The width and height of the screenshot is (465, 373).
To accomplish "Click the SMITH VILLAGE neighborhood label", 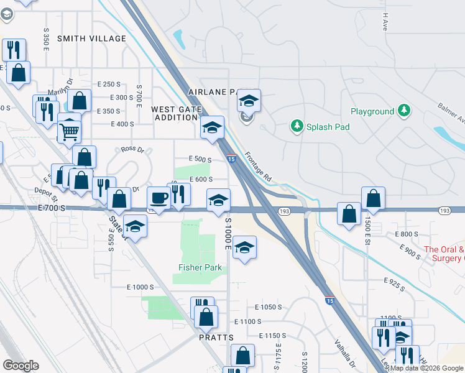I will (x=91, y=39).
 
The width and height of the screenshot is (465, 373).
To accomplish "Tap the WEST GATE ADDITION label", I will (x=177, y=113).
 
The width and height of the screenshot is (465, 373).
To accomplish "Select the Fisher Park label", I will (x=200, y=268).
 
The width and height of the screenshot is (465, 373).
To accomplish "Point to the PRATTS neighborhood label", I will (x=216, y=338).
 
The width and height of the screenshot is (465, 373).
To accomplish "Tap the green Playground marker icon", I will (x=405, y=111).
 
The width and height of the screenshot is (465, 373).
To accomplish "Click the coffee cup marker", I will (x=158, y=198).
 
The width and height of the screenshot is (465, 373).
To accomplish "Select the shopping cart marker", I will (x=69, y=131).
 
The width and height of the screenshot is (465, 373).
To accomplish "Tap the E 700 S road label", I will (x=51, y=207).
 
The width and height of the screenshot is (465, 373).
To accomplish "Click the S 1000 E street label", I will (x=228, y=234).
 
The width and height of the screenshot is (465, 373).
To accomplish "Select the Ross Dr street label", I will (x=132, y=150).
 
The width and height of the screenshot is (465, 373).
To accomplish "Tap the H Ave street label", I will (x=385, y=22).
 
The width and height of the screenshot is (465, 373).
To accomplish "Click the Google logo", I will (x=21, y=366).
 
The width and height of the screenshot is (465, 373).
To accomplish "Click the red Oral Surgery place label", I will (x=444, y=254).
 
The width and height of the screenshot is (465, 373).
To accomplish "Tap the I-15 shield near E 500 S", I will (x=231, y=159).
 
